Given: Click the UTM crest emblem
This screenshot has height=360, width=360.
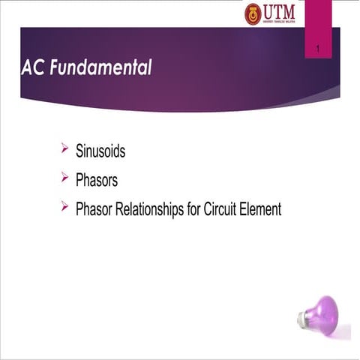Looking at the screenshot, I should point(253,13).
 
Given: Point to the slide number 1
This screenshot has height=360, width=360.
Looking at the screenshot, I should point(319,49).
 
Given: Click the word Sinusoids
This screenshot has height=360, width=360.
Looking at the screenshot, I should point(100,151).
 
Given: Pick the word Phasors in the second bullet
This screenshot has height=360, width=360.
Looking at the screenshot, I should point(97,180).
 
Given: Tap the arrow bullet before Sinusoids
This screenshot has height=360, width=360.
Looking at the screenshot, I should point(64,149).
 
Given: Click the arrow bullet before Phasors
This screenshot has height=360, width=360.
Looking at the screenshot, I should point(64,178).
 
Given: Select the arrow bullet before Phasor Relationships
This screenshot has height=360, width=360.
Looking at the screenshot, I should point(64,208).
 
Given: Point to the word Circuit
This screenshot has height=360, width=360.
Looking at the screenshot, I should point(224,209).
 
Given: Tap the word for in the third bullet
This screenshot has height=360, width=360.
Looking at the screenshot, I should point(193,209).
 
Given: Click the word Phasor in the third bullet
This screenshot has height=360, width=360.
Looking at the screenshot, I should point(96,209).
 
